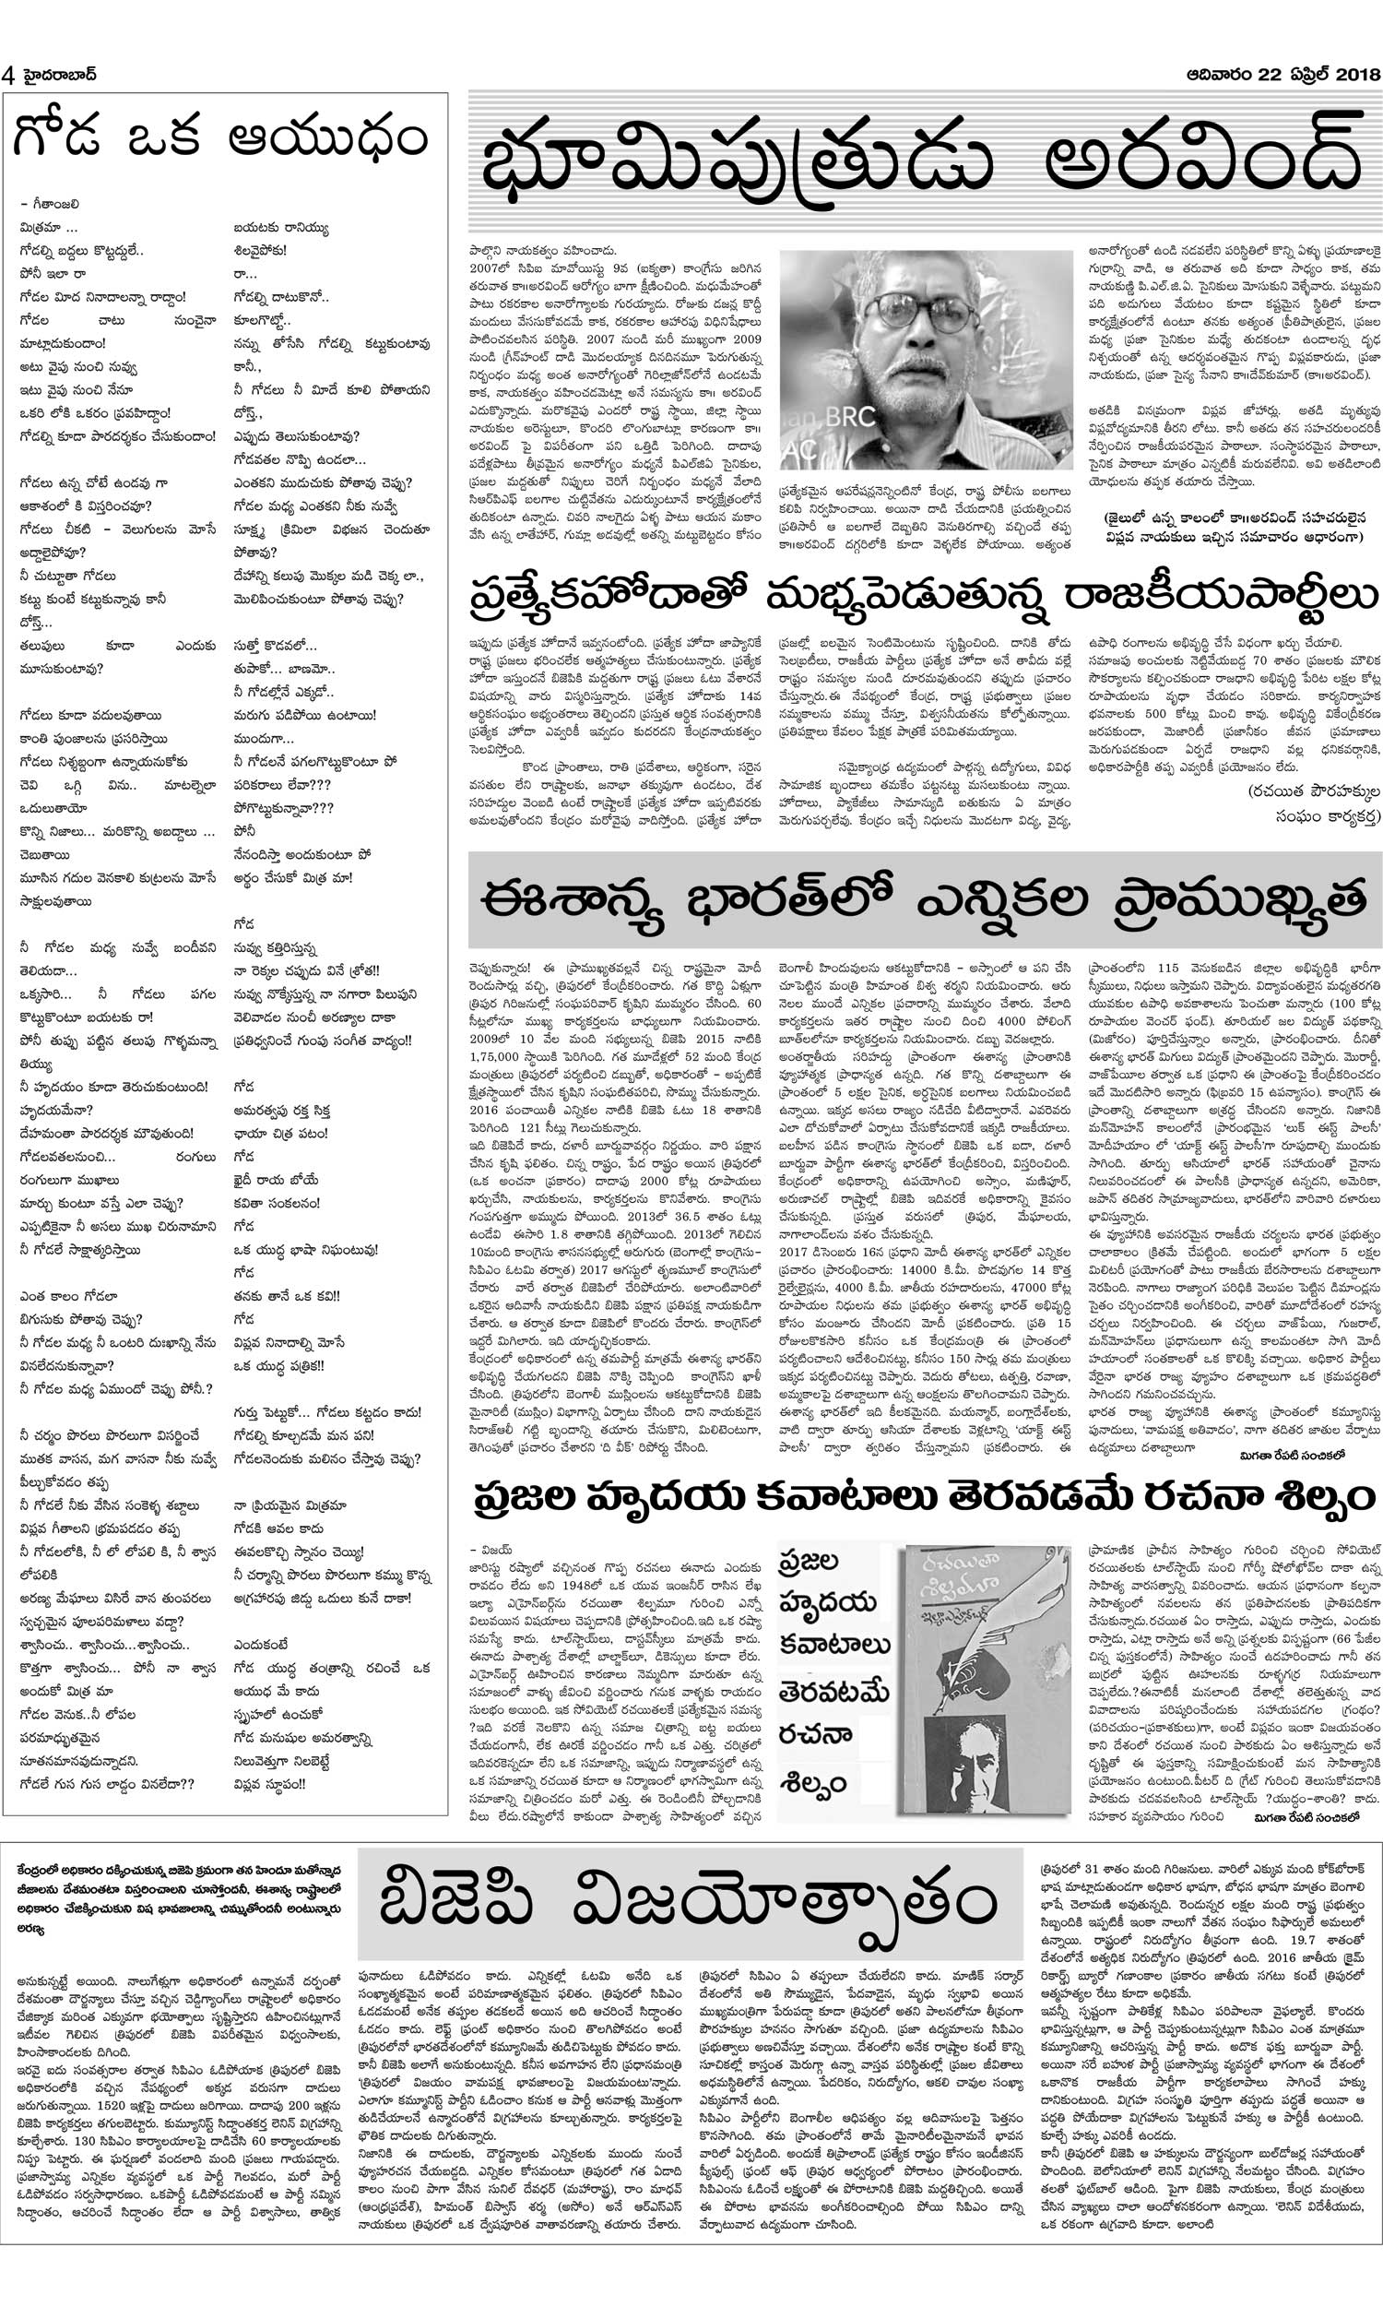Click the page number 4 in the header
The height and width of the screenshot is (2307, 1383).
pos(8,76)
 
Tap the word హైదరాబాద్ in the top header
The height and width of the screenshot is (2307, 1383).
pos(55,76)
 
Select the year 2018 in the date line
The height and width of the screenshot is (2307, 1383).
pos(1353,75)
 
